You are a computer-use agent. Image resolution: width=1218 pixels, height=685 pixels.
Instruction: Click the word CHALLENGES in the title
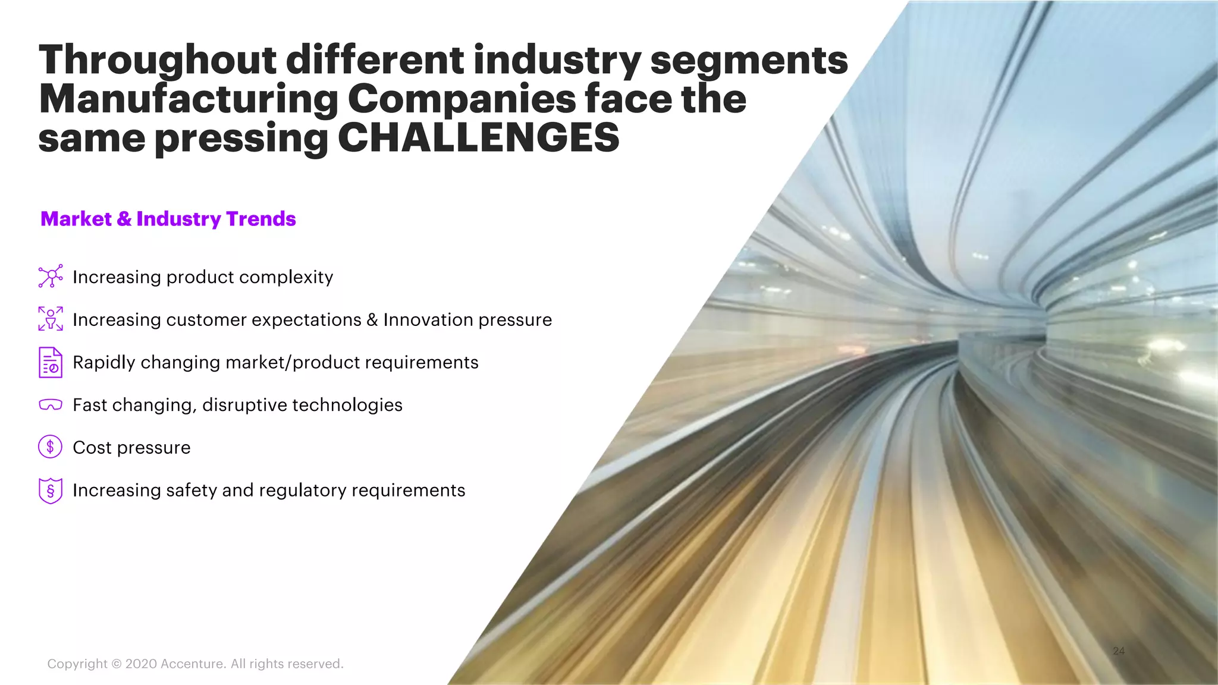[479, 138]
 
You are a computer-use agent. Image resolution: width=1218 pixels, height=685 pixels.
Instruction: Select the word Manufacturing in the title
[189, 99]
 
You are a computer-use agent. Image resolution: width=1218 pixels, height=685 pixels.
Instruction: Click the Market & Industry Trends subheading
[168, 219]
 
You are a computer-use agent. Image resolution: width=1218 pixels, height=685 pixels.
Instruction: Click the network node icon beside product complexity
[51, 276]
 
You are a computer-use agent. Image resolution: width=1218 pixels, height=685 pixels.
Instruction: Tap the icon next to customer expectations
[51, 319]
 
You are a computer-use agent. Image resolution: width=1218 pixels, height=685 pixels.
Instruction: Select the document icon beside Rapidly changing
[51, 362]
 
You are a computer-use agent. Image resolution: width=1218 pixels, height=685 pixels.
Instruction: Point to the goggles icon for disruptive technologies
[51, 405]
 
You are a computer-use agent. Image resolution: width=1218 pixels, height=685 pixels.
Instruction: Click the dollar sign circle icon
[51, 447]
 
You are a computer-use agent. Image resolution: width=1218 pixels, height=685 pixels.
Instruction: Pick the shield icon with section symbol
[51, 491]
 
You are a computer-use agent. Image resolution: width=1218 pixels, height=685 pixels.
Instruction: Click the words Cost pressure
[131, 448]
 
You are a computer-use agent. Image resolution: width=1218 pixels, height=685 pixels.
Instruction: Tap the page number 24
[1119, 651]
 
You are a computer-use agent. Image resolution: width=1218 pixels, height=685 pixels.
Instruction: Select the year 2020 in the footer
[141, 664]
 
